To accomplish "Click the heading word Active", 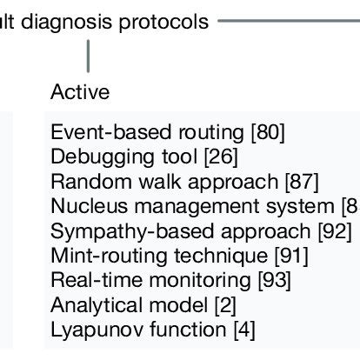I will pos(81,91).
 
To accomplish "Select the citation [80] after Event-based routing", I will pos(268,133).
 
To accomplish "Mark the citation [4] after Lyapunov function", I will pos(243,330).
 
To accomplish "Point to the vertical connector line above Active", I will pos(89,59).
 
